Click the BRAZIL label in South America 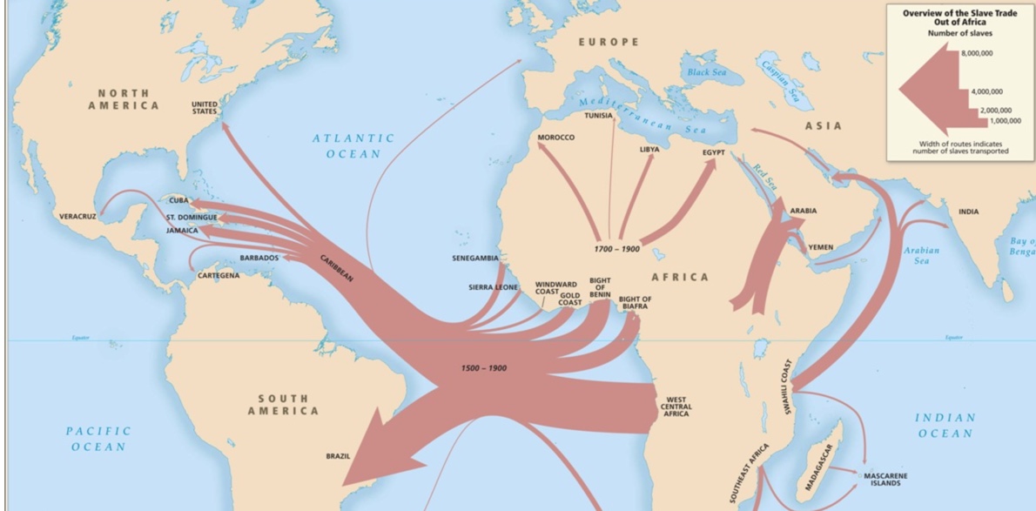click(x=338, y=456)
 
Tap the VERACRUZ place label click(x=77, y=216)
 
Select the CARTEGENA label click(x=219, y=275)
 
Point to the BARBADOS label click(x=259, y=259)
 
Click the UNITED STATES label click(x=205, y=107)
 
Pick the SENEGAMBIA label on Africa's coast click(x=475, y=259)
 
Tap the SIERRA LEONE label click(x=493, y=286)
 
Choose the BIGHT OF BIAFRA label click(x=635, y=303)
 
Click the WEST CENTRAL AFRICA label click(x=676, y=407)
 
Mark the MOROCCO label click(x=555, y=138)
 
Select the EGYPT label click(x=713, y=152)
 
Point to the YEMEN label click(x=820, y=247)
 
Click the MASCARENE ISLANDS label click(x=885, y=480)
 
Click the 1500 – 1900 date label click(x=484, y=368)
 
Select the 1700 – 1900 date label click(x=616, y=249)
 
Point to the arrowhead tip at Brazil click(x=344, y=484)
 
